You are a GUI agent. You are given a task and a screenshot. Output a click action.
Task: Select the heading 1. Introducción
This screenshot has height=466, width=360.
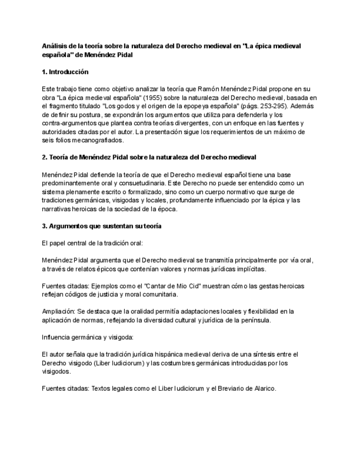point(65,72)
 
